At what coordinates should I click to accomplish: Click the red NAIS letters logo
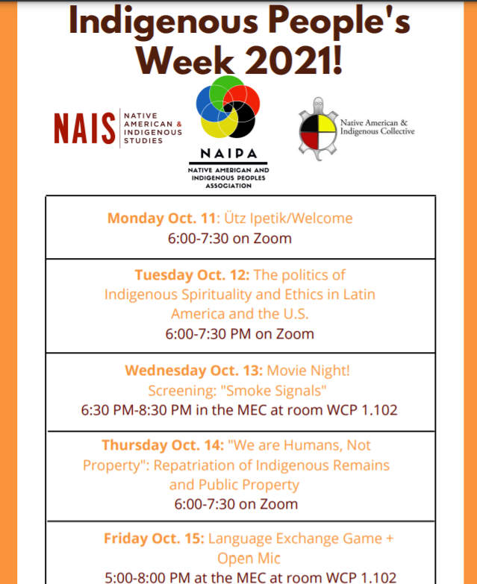click(x=84, y=128)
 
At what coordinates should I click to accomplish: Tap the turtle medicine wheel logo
click(x=317, y=127)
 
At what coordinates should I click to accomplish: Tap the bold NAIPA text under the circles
click(x=228, y=155)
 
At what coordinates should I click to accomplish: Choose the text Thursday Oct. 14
click(x=163, y=445)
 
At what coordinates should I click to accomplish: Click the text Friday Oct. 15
click(x=153, y=539)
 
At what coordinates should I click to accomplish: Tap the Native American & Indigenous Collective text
click(x=377, y=127)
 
